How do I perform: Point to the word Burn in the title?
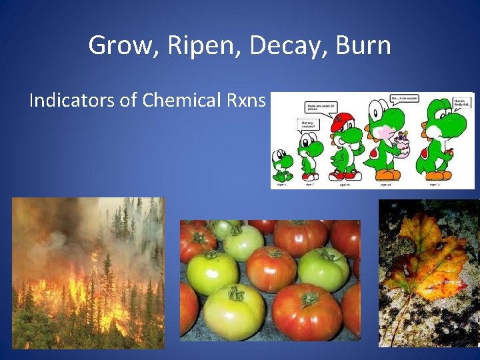click(363, 46)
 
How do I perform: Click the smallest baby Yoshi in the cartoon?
click(282, 165)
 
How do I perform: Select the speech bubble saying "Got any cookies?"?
click(310, 125)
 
